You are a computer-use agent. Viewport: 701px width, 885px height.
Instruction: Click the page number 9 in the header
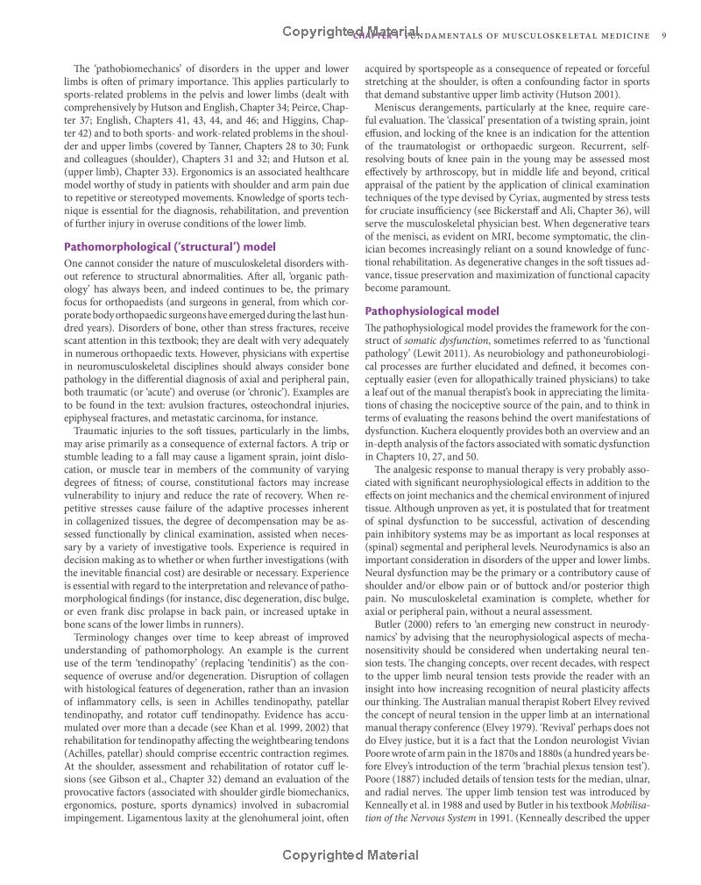665,36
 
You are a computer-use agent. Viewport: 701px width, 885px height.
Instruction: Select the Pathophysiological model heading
432,310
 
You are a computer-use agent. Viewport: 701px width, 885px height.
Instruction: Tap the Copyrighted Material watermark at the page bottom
350,855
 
